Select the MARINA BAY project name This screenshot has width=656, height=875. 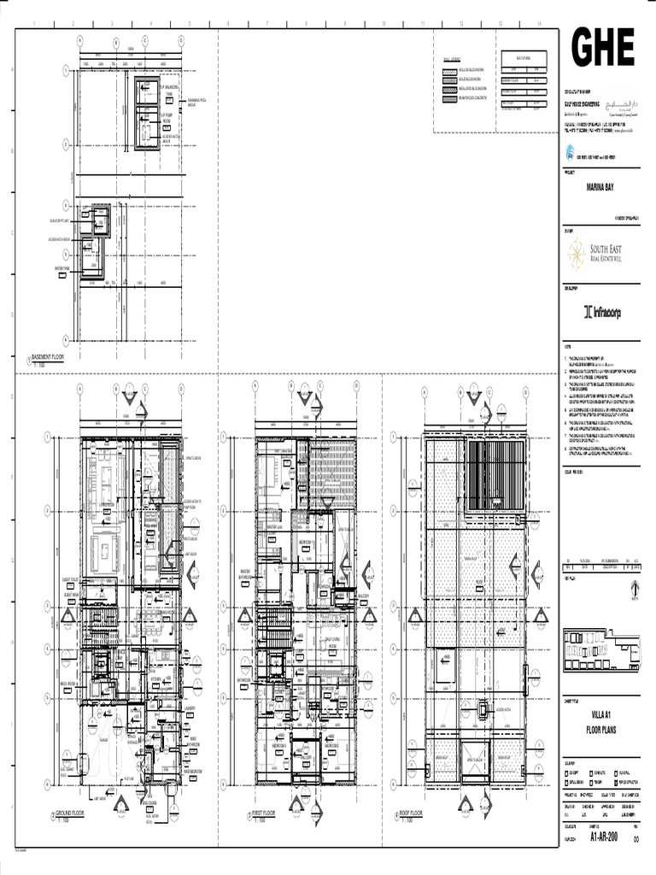coord(599,185)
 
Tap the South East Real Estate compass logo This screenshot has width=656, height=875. coord(577,250)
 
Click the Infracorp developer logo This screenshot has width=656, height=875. coord(601,313)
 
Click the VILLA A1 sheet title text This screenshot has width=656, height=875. coord(600,714)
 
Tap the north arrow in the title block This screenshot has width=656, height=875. coord(633,589)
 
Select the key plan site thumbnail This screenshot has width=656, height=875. coord(600,649)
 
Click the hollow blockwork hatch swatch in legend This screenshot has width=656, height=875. coord(449,69)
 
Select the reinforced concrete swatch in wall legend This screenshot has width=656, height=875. coord(449,99)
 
